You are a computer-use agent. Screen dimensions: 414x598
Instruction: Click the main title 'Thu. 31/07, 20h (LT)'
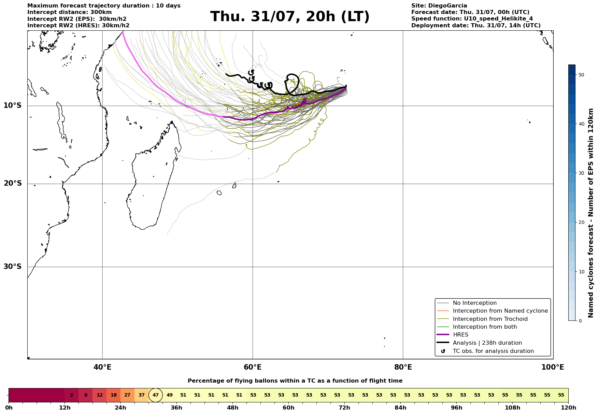(290, 17)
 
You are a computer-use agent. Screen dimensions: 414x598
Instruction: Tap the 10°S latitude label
(13, 105)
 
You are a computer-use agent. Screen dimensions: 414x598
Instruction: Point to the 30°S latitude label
(13, 267)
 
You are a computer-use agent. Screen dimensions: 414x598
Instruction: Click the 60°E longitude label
(253, 368)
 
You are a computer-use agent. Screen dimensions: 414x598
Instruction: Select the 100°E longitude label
(553, 368)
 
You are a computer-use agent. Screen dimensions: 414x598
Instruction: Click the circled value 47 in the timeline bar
(156, 395)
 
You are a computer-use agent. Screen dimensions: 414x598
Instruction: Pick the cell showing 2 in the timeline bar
(72, 395)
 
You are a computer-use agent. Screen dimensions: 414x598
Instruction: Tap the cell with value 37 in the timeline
(142, 395)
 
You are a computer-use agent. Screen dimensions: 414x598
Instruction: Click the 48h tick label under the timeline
(232, 408)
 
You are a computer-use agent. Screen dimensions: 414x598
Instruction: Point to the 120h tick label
(568, 408)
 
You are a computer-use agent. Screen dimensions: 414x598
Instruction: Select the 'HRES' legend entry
(460, 335)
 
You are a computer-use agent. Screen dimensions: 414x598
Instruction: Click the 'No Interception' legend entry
(474, 303)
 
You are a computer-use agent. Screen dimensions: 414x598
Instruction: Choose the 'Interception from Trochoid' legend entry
(490, 319)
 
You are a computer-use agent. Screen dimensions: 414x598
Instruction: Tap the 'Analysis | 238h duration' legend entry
(487, 343)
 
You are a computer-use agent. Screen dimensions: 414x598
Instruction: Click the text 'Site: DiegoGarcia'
(439, 6)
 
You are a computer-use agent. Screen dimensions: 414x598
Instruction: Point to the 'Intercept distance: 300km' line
(70, 12)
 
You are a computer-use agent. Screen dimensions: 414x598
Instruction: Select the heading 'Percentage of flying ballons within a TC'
(295, 381)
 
